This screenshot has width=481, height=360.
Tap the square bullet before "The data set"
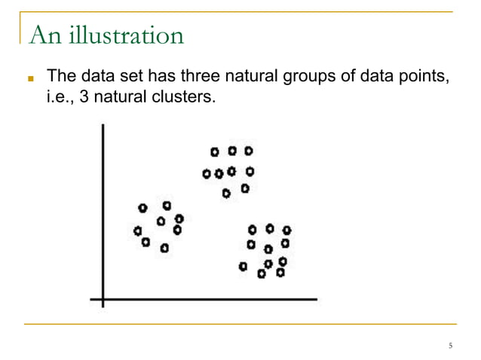31,78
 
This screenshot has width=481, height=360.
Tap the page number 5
450,346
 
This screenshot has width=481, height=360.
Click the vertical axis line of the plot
103,211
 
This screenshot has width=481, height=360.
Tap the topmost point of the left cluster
167,205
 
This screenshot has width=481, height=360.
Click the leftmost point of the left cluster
137,230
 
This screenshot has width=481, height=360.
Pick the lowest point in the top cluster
226,193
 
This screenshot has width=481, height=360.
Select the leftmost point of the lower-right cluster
242,266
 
